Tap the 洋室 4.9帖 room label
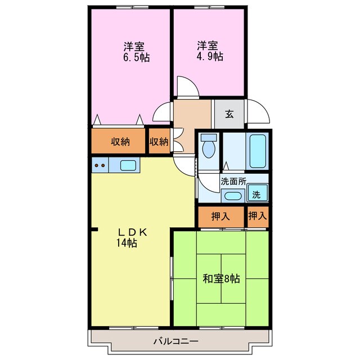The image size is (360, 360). click(x=209, y=51)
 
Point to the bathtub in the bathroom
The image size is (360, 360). click(x=258, y=150)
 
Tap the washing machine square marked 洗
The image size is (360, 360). click(x=256, y=195)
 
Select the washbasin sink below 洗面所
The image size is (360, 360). click(x=232, y=196)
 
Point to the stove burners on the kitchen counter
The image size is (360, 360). click(x=100, y=165)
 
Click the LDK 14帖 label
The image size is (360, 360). click(x=131, y=237)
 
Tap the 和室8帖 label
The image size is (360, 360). click(x=221, y=278)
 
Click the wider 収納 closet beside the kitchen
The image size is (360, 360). click(x=120, y=142)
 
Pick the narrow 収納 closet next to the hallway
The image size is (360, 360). click(x=159, y=142)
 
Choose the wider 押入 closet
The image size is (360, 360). click(x=220, y=215)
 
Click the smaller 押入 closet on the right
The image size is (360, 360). click(x=258, y=215)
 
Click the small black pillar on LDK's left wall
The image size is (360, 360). click(x=95, y=229)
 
